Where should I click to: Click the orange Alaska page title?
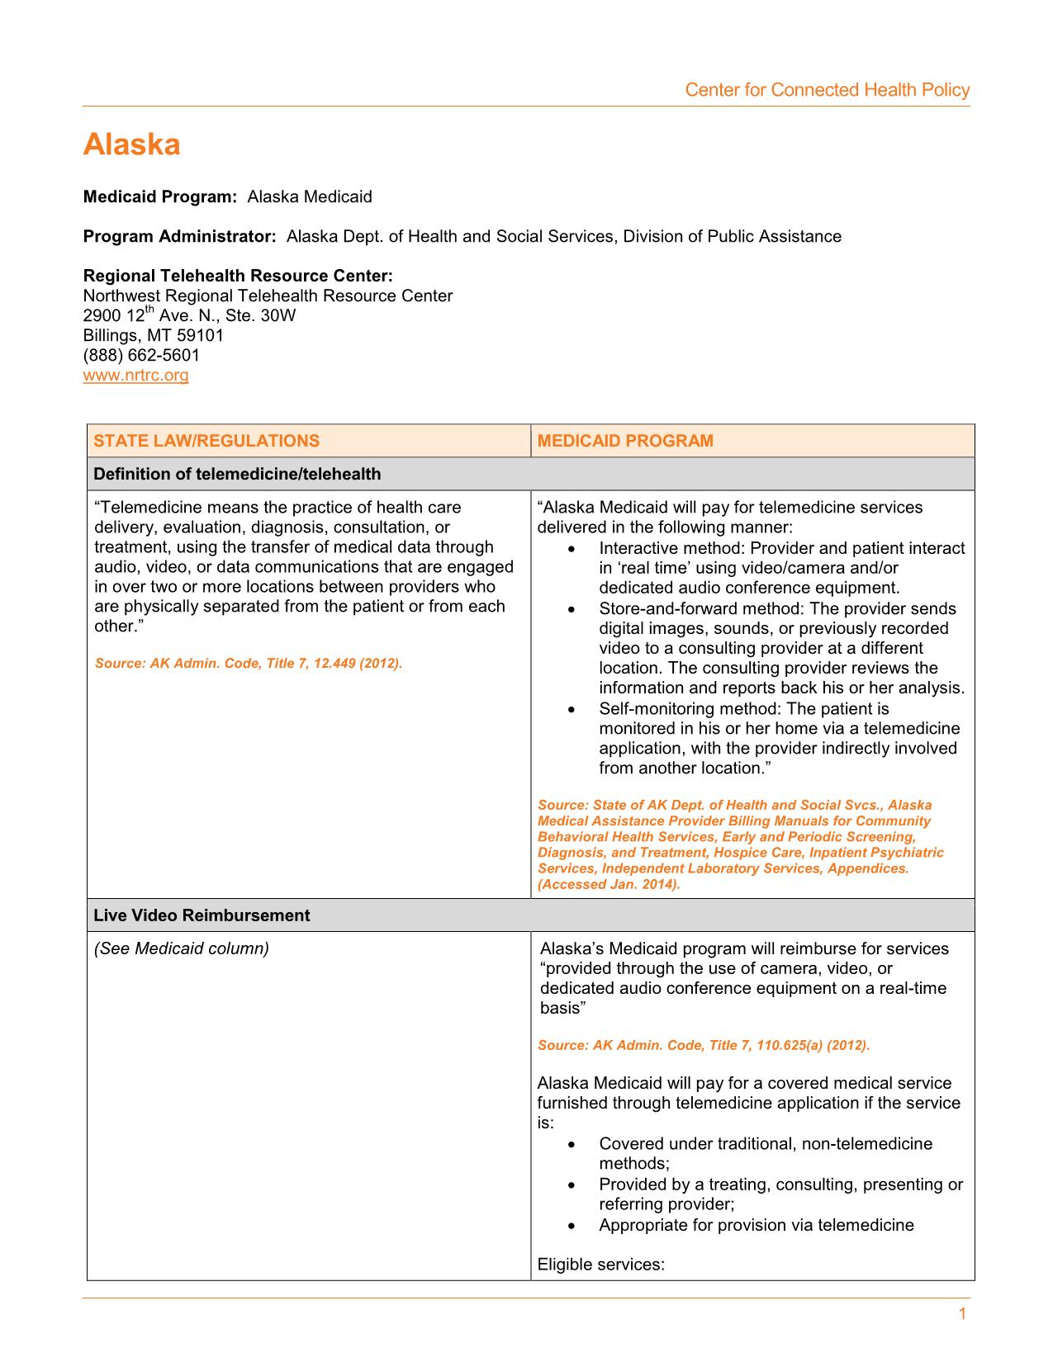coord(131,145)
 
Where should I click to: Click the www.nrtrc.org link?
coord(135,376)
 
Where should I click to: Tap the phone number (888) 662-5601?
coord(141,356)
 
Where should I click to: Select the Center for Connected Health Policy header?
coord(827,90)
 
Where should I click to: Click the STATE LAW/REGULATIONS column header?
coord(206,441)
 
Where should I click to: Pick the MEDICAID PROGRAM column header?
coord(625,441)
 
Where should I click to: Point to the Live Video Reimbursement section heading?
coord(202,915)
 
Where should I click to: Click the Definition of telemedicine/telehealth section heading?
coord(237,474)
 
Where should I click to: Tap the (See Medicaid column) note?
coord(182,948)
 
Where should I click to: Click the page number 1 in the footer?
coord(962,1315)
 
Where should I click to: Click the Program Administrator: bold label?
coord(179,237)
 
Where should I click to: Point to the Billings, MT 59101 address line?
coord(154,336)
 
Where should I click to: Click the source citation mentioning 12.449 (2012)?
coord(249,664)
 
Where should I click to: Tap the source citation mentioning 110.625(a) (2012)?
coord(704,1045)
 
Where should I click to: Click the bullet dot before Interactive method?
coord(573,549)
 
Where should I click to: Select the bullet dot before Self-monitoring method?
coord(573,709)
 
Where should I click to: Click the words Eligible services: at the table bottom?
coord(600,1265)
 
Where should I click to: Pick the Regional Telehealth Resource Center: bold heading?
coord(238,276)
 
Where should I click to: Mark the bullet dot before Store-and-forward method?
coord(573,609)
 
